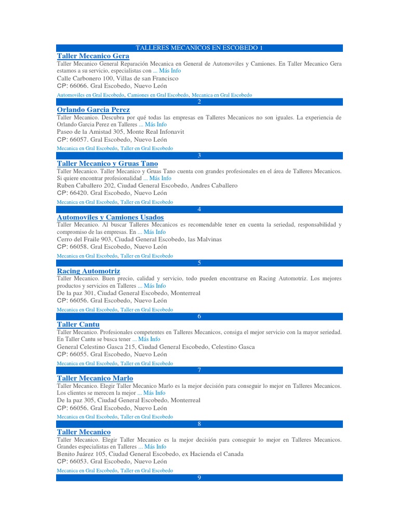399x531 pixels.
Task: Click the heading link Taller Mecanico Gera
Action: click(x=93, y=56)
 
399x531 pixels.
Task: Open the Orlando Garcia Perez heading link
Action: click(x=93, y=110)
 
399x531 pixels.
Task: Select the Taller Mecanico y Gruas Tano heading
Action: click(x=107, y=164)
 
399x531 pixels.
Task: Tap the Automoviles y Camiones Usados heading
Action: click(x=110, y=217)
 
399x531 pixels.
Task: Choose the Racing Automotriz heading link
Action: click(x=88, y=271)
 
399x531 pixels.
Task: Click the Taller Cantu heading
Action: click(x=78, y=325)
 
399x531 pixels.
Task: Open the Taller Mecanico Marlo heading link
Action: click(x=95, y=378)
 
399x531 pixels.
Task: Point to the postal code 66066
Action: click(x=79, y=86)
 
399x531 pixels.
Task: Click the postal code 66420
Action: click(x=79, y=193)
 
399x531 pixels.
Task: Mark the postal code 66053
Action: click(x=79, y=461)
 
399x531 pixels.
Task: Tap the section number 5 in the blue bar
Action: click(x=199, y=263)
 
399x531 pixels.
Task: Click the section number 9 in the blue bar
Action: click(x=199, y=478)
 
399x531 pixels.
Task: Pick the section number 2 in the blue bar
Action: click(x=199, y=102)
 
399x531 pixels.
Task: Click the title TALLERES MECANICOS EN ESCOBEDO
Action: click(x=199, y=48)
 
